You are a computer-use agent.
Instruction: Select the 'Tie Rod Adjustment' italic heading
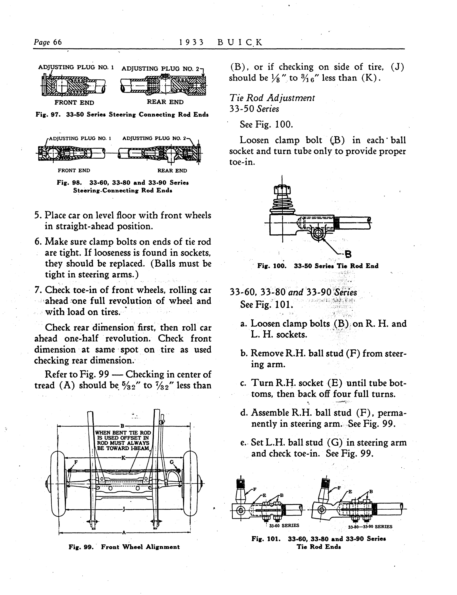pos(272,98)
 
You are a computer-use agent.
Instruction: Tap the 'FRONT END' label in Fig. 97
pos(74,103)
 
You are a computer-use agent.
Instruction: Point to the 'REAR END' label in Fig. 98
pos(172,171)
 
